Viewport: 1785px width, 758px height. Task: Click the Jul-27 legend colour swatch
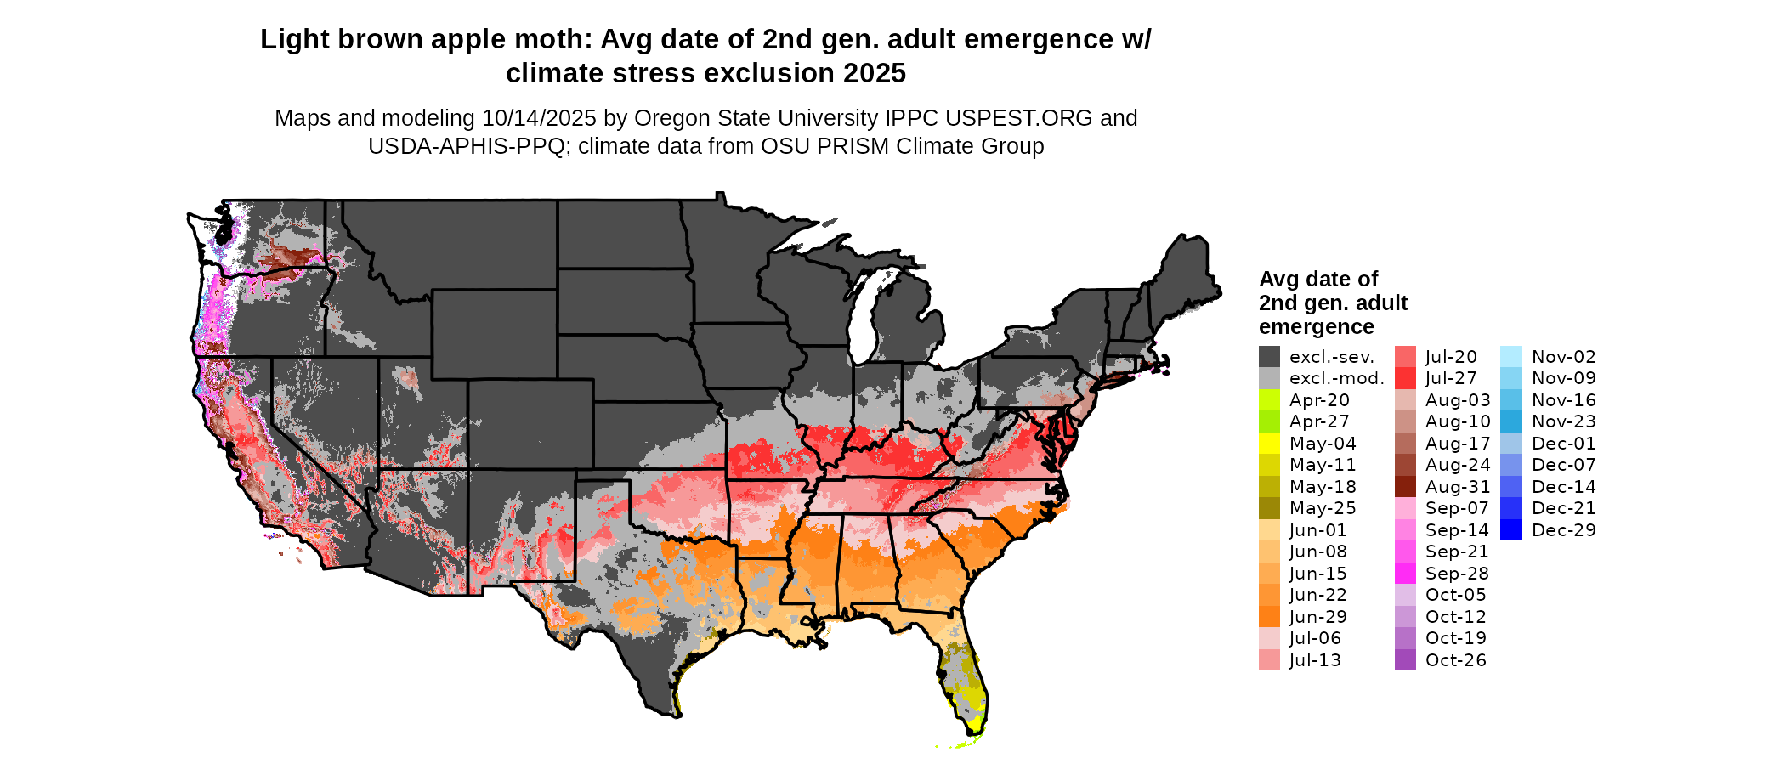coord(1405,378)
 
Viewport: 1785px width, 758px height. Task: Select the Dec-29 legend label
coord(1563,530)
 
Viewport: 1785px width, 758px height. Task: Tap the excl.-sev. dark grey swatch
coord(1269,357)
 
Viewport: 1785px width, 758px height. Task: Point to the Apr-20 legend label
coord(1318,400)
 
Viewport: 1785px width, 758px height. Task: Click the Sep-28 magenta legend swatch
coord(1405,574)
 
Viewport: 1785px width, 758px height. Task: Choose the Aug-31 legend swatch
coord(1405,487)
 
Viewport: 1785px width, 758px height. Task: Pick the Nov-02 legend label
coord(1563,357)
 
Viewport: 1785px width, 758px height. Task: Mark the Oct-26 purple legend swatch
coord(1405,660)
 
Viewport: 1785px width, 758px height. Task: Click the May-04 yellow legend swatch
coord(1269,444)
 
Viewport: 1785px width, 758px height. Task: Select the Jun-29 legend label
coord(1317,617)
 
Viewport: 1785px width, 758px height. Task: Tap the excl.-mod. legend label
coord(1336,378)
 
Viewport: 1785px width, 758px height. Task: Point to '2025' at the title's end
coord(875,74)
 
